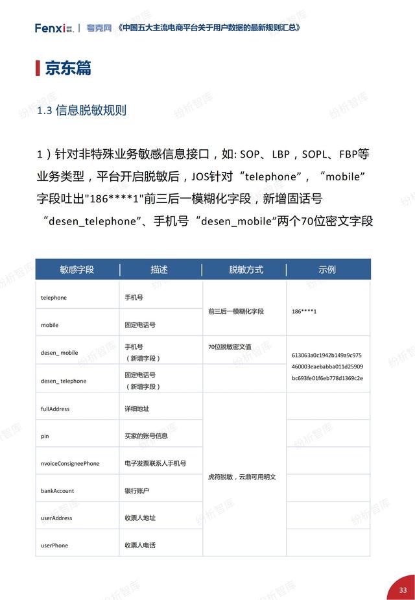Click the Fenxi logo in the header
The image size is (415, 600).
pyautogui.click(x=54, y=28)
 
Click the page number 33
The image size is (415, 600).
pyautogui.click(x=403, y=590)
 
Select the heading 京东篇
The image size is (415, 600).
pyautogui.click(x=67, y=68)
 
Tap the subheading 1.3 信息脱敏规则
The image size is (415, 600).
pyautogui.click(x=82, y=110)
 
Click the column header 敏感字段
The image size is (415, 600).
pyautogui.click(x=77, y=269)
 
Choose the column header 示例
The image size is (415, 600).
pyautogui.click(x=327, y=269)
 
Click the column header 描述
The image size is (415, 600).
pyautogui.click(x=160, y=269)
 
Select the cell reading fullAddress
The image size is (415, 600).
pyautogui.click(x=55, y=409)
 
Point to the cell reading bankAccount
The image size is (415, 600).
pyautogui.click(x=56, y=491)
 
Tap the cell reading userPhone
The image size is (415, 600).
pyautogui.click(x=54, y=546)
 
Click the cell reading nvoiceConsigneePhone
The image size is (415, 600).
pyautogui.click(x=70, y=464)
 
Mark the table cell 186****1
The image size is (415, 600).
pyautogui.click(x=309, y=311)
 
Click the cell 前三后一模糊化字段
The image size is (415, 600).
pyautogui.click(x=236, y=311)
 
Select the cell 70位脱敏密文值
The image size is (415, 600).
pyautogui.click(x=230, y=347)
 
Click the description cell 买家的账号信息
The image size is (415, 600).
pyautogui.click(x=147, y=436)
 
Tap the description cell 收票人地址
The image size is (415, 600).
pyautogui.click(x=140, y=518)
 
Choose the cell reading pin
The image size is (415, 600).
pyautogui.click(x=45, y=437)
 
